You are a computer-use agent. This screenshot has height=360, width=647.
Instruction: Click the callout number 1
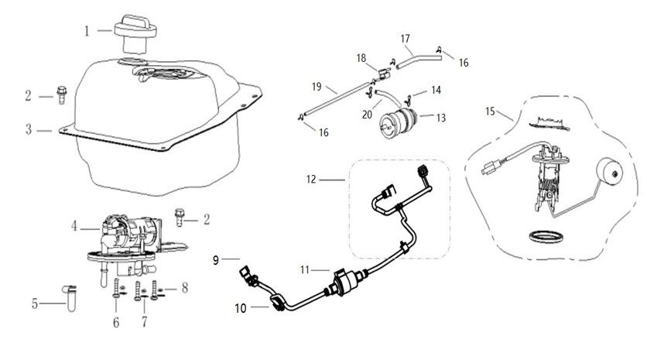[x=87, y=31]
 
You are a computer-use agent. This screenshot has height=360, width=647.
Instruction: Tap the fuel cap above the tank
[x=135, y=33]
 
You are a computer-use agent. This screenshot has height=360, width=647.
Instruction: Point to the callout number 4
[x=74, y=227]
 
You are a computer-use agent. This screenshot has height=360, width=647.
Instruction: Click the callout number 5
[x=34, y=303]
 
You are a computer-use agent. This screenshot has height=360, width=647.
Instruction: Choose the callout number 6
[x=117, y=321]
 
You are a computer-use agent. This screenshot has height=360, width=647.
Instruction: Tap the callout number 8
[x=184, y=289]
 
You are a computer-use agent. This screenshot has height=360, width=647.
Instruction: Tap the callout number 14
[x=436, y=91]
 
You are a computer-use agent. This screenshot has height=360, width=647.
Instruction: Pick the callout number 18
[x=361, y=58]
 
